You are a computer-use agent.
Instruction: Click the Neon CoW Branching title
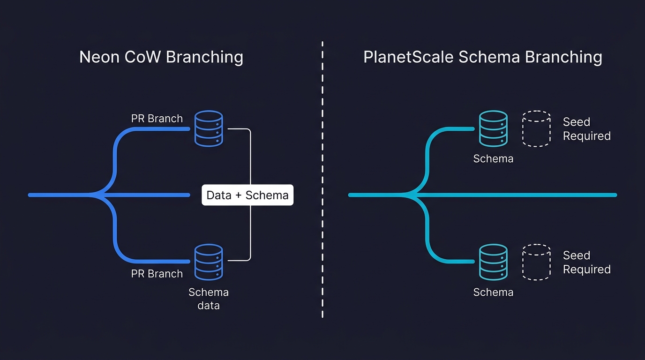[161, 57]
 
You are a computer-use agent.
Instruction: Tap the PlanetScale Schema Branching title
[482, 57]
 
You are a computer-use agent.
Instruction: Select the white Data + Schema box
[247, 195]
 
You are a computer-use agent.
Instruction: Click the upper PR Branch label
[157, 119]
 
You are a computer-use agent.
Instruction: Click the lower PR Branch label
[157, 274]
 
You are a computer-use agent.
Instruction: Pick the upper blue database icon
[209, 128]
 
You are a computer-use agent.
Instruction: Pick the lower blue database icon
[209, 262]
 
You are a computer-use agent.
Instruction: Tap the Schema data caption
[209, 299]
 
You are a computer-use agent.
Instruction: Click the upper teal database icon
[493, 128]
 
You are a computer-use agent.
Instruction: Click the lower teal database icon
[493, 262]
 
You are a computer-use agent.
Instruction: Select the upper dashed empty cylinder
[536, 128]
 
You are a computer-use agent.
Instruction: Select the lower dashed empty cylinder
[536, 262]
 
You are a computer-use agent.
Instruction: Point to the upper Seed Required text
[586, 129]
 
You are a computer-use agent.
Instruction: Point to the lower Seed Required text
[586, 262]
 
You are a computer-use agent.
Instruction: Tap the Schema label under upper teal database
[493, 158]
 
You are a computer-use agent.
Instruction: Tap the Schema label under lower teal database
[493, 292]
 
